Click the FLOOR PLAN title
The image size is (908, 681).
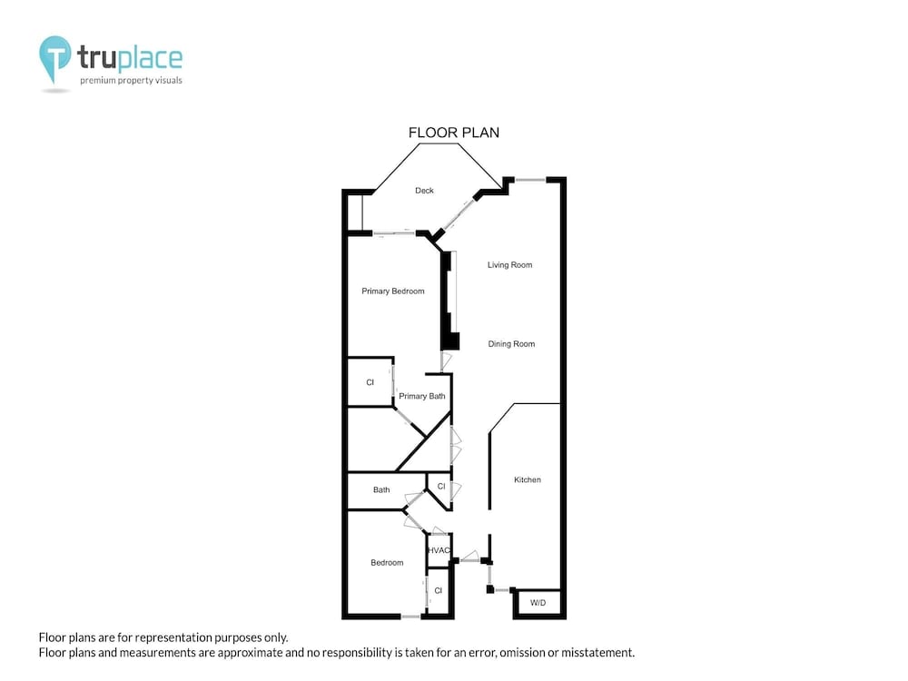(453, 133)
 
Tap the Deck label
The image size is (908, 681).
(424, 191)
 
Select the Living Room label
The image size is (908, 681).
(509, 265)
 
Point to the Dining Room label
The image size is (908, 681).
(511, 344)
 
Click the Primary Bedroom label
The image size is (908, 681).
(393, 291)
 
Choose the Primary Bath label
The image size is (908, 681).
(422, 396)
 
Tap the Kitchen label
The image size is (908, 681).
(528, 479)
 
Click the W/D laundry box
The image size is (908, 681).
(538, 603)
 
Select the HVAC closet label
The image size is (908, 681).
(439, 550)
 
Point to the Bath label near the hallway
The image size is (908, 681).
(381, 490)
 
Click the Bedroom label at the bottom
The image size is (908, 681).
(387, 563)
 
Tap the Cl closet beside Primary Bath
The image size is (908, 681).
(370, 382)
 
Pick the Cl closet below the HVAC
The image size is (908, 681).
(439, 591)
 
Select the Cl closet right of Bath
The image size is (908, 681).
(441, 487)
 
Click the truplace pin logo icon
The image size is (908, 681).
(55, 59)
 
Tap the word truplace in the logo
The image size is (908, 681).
(130, 58)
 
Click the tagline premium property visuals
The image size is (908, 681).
(131, 81)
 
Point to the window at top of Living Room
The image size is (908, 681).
(530, 180)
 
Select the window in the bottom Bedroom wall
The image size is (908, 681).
(410, 617)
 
